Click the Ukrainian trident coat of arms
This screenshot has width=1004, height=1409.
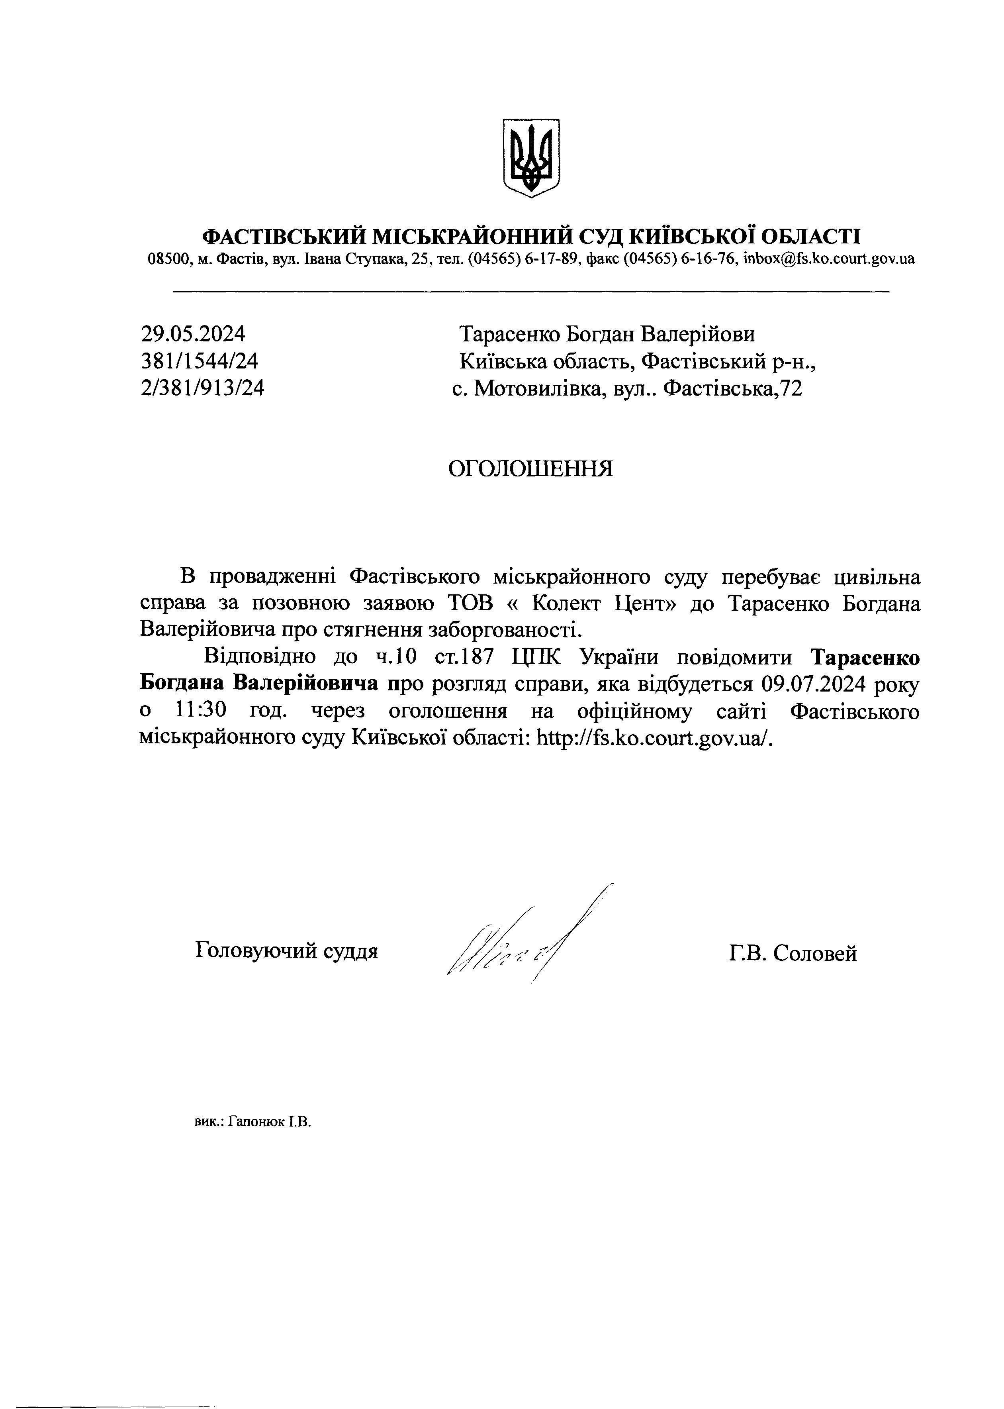[x=531, y=158]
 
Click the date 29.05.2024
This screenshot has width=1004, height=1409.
[x=193, y=335]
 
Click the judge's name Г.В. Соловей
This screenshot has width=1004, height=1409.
[x=792, y=953]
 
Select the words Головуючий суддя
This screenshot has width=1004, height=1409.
[x=286, y=950]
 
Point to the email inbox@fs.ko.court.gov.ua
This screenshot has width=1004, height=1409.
[x=828, y=259]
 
